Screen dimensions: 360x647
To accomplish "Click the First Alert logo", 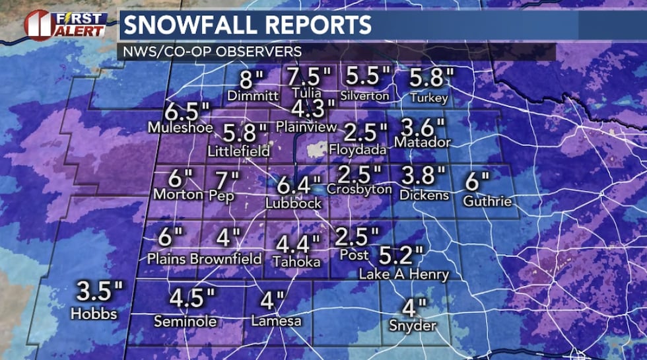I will tap(64, 24).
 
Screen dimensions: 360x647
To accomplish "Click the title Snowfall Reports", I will tap(247, 26).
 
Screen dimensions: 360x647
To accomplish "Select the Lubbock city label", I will tap(294, 203).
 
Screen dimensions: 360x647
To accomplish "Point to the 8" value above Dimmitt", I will tap(251, 80).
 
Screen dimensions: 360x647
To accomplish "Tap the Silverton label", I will tap(365, 96).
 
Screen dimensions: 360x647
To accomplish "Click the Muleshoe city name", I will tap(180, 127).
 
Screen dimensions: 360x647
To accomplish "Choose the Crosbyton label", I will tap(359, 190).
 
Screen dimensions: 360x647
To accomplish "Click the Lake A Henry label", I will tap(403, 274).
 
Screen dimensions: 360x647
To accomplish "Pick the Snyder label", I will tap(412, 326).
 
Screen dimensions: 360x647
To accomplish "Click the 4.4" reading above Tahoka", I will tap(297, 245).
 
